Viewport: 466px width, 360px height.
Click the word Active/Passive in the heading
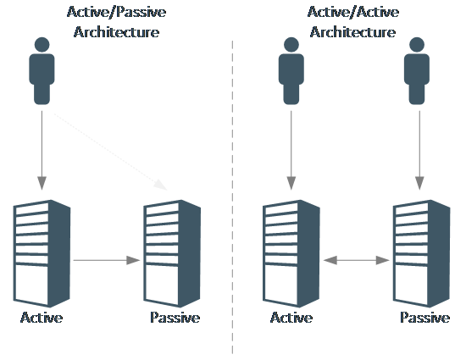pos(117,13)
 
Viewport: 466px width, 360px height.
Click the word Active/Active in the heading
pos(353,13)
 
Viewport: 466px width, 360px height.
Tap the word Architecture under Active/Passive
pos(117,32)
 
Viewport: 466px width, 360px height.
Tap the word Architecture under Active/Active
pos(352,32)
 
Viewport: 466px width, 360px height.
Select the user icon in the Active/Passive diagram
pos(42,70)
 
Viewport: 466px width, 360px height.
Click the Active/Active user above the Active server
pos(291,70)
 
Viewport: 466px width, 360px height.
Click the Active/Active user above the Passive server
pos(417,70)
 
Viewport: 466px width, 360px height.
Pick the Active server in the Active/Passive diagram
pos(42,253)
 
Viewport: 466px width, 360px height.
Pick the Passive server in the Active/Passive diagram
pos(172,253)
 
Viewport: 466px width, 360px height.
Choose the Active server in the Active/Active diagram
pos(291,253)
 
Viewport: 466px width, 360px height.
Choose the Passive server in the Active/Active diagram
pos(422,253)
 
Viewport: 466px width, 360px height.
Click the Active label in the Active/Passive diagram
pos(42,318)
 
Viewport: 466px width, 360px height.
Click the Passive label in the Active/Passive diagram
pos(175,318)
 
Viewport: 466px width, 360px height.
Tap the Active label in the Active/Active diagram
pos(291,318)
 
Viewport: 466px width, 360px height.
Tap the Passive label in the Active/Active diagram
pos(425,318)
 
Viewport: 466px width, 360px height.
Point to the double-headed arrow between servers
pos(357,260)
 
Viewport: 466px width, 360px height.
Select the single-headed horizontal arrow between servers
pos(107,260)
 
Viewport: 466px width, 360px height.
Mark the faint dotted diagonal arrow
pos(110,151)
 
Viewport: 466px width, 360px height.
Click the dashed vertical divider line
pos(232,197)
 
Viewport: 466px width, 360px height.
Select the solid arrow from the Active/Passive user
pos(42,150)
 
